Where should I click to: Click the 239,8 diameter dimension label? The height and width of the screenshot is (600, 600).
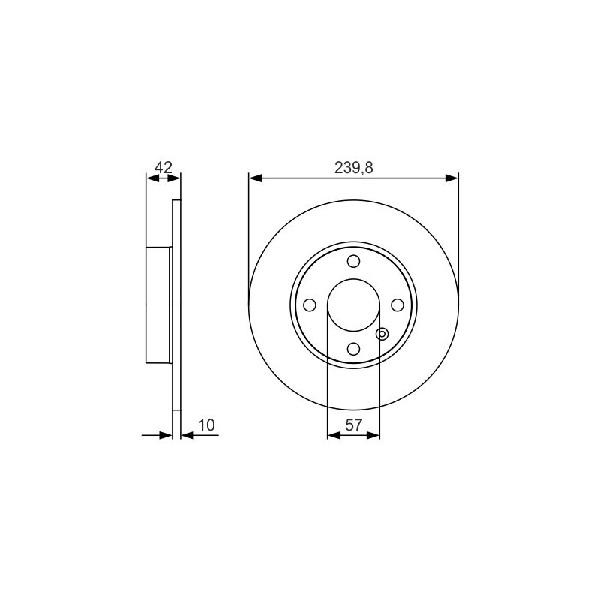(x=353, y=167)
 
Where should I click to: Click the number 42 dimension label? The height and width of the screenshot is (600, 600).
(x=163, y=167)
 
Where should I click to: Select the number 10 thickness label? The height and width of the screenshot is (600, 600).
(x=207, y=424)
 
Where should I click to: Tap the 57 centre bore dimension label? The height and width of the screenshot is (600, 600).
(x=353, y=424)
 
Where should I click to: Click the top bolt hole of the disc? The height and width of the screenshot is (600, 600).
(x=353, y=261)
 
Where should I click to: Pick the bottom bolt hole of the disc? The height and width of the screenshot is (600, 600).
(x=353, y=349)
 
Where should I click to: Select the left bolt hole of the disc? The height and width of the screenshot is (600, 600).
(x=310, y=305)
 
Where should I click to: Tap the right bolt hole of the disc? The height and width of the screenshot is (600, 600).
(x=397, y=305)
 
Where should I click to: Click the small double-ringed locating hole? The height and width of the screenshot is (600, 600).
(x=382, y=334)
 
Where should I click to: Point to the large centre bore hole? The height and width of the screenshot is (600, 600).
(x=353, y=305)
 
